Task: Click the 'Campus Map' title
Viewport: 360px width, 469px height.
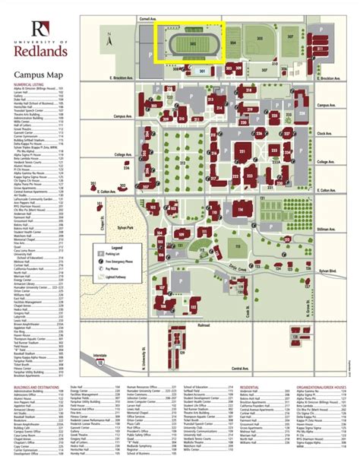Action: point(39,75)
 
